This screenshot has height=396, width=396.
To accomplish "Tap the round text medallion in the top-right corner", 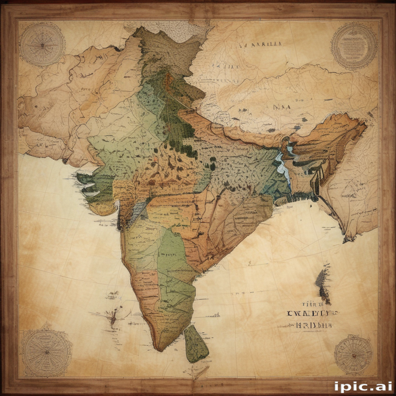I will (x=354, y=46).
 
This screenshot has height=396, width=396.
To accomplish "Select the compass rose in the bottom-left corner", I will (x=46, y=352).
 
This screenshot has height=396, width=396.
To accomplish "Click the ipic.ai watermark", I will (x=363, y=386).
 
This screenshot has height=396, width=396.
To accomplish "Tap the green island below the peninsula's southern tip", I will (x=196, y=343).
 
